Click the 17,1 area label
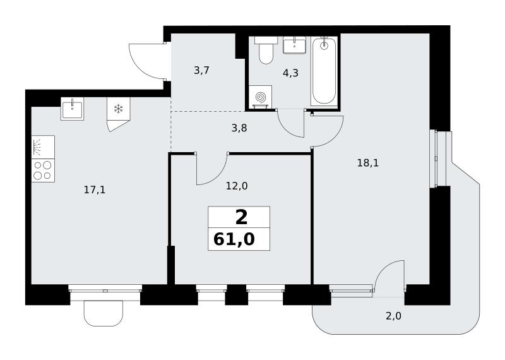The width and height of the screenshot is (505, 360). [x=94, y=190]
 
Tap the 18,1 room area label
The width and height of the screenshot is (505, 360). [x=368, y=163]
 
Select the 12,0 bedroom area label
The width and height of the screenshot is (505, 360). [x=237, y=186]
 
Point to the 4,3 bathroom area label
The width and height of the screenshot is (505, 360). [x=290, y=73]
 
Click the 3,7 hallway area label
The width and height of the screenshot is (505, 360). [x=202, y=70]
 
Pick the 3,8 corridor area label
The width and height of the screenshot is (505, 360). [x=239, y=128]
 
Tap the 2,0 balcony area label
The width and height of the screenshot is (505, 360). [x=393, y=316]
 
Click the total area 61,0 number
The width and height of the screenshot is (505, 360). [x=234, y=239]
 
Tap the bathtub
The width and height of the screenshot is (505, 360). [x=324, y=71]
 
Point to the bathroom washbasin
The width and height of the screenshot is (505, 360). [x=294, y=45]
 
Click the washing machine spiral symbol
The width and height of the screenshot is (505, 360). [x=260, y=97]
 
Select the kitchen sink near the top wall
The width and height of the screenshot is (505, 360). [x=72, y=109]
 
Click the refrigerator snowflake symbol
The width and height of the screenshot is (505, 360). [x=119, y=109]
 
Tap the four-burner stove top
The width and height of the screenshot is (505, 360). [x=43, y=171]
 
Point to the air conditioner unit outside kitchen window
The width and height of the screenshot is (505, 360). [x=104, y=313]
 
